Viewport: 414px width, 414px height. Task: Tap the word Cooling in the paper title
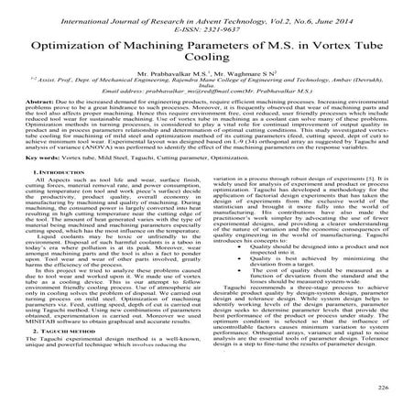coord(207,63)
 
